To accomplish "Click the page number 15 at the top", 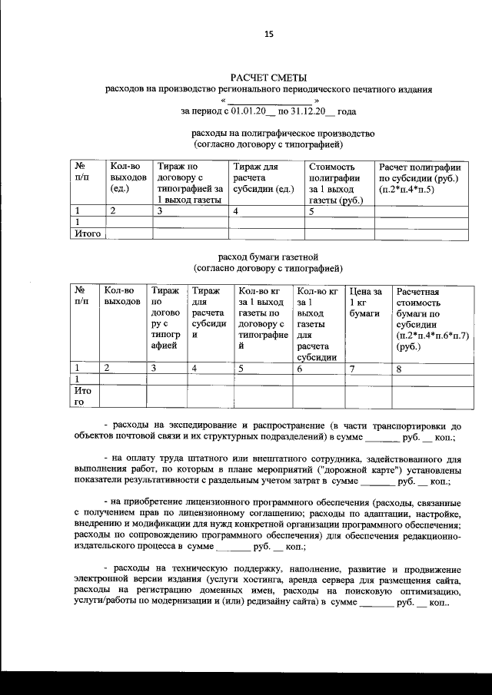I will [269, 33].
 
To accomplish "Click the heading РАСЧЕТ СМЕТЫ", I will [268, 78].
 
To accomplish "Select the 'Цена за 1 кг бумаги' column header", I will [366, 302].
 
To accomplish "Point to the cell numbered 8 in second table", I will [399, 368].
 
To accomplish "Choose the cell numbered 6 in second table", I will [299, 368].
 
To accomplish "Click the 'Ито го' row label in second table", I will [82, 395].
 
